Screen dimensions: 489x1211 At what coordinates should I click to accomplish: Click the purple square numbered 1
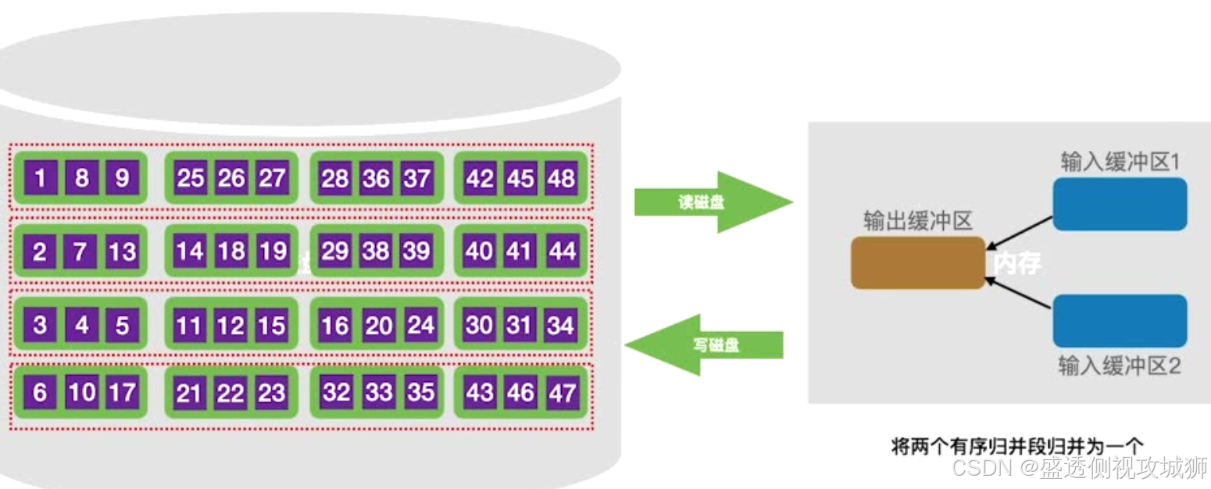[x=40, y=179]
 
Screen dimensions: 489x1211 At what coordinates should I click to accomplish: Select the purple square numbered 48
[x=561, y=179]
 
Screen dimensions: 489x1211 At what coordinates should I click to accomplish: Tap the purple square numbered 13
[x=122, y=252]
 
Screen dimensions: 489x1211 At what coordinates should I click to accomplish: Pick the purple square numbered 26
[x=231, y=179]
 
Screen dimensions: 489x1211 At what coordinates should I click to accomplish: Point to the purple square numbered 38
[x=376, y=252]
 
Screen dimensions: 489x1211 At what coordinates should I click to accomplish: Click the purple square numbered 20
[x=378, y=325]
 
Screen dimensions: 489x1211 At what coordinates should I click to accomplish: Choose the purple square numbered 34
[x=561, y=325]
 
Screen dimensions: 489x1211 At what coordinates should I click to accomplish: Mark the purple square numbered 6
[x=40, y=393]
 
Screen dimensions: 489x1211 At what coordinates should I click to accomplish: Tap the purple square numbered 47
[x=562, y=393]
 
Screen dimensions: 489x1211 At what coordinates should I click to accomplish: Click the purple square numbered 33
[x=378, y=392]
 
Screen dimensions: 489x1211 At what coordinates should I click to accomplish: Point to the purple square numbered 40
[x=479, y=252]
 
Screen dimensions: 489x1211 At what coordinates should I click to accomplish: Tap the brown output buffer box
[x=917, y=262]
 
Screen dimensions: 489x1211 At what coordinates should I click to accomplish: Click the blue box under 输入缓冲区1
[x=1120, y=204]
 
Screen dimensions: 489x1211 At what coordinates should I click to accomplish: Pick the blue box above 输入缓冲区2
[x=1120, y=320]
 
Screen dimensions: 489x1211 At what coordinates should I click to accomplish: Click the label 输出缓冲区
[x=917, y=221]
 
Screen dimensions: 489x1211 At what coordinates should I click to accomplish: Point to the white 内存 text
[x=1016, y=263]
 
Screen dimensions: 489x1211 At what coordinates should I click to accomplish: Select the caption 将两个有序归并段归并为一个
[x=1016, y=446]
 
